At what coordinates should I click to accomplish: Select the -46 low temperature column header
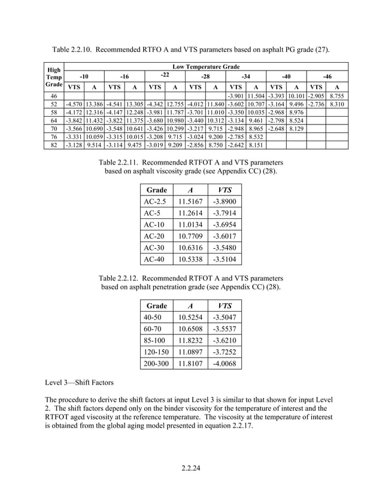tap(327, 77)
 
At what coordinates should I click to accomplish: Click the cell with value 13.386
tap(94, 103)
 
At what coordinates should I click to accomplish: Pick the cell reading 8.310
tap(338, 103)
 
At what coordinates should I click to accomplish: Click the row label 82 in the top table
tap(54, 144)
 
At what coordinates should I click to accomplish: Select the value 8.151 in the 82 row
tap(256, 144)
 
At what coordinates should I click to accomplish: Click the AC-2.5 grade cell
tap(155, 202)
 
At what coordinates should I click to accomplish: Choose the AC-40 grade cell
tap(154, 259)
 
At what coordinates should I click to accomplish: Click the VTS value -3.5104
tap(224, 259)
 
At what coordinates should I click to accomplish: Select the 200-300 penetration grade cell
tap(157, 362)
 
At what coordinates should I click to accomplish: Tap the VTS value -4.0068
tap(224, 362)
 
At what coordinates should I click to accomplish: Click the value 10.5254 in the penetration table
tap(191, 317)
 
